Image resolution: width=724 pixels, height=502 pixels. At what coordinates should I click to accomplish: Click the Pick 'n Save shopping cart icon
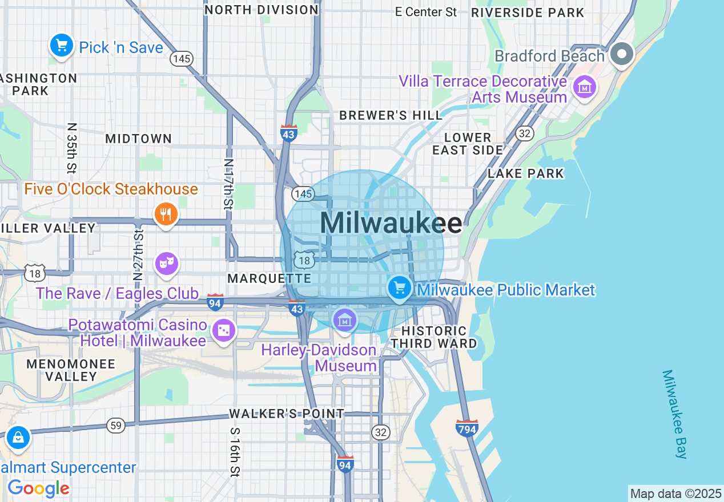(x=61, y=45)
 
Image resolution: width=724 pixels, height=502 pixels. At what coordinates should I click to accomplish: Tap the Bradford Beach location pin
(x=622, y=54)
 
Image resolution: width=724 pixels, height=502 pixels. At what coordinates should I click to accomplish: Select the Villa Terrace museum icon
(x=584, y=87)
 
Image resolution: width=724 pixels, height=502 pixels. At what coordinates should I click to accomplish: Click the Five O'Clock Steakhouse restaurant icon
(x=166, y=214)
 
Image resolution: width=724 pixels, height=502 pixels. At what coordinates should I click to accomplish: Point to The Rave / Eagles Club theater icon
(x=166, y=263)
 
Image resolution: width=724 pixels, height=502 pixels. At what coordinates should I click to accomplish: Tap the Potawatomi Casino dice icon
(x=223, y=330)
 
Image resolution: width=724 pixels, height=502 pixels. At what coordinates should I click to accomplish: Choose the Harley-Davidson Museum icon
(x=344, y=320)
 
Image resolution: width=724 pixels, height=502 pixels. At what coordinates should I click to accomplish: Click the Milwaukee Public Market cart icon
(x=399, y=288)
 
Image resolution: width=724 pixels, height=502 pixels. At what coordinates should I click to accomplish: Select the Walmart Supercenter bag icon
(x=18, y=438)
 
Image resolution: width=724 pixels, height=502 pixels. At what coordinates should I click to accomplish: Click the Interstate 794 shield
(x=466, y=428)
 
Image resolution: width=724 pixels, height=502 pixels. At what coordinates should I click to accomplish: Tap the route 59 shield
(x=116, y=425)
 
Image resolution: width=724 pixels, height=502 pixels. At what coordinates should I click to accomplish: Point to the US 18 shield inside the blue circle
(x=305, y=260)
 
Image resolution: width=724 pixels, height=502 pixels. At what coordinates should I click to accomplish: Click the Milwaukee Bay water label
(x=675, y=414)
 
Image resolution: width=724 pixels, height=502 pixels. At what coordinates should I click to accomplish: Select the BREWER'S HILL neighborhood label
(x=391, y=115)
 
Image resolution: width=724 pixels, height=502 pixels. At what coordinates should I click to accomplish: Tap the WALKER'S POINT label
(x=287, y=414)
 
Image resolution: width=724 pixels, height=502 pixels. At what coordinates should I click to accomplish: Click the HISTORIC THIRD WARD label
(x=434, y=337)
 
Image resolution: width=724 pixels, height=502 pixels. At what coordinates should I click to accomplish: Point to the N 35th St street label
(x=71, y=147)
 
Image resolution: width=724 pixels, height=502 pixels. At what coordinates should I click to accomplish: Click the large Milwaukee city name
(x=391, y=223)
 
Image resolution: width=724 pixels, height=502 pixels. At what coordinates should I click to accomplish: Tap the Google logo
(x=38, y=488)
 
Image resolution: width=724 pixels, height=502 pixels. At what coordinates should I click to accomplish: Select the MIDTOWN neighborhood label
(x=138, y=139)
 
